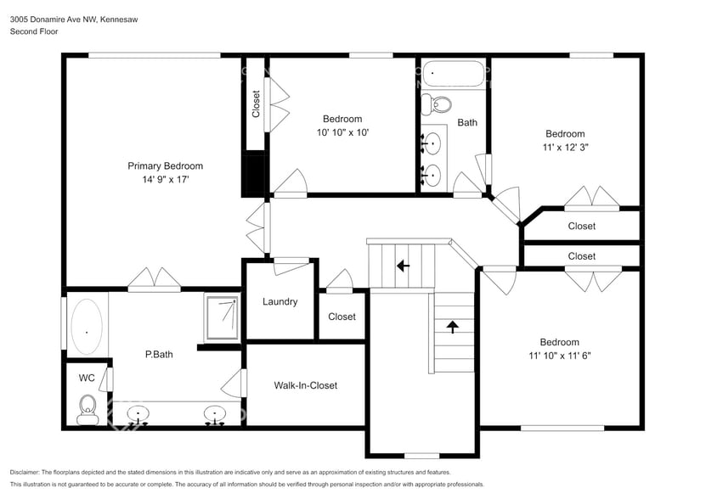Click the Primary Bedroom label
[165, 165]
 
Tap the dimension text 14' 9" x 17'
[165, 179]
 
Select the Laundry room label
[280, 301]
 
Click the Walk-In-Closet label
[305, 385]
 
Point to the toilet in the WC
[87, 408]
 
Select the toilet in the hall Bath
[438, 104]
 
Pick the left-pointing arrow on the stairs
[403, 265]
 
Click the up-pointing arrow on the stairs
[452, 326]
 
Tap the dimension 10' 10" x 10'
[342, 132]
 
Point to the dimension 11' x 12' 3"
[565, 147]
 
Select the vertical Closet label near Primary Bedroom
[256, 104]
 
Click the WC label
[86, 377]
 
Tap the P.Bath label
[159, 354]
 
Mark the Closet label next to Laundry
[342, 317]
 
